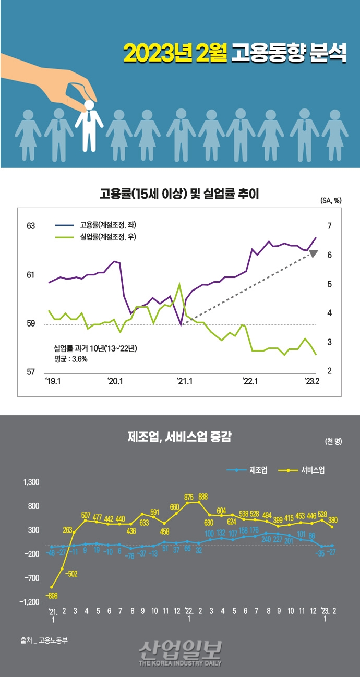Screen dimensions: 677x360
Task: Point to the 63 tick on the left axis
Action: click(x=31, y=226)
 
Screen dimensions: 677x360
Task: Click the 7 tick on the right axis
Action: click(x=329, y=226)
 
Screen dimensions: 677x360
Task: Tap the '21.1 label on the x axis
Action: click(x=184, y=381)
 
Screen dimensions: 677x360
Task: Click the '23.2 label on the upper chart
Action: click(x=312, y=381)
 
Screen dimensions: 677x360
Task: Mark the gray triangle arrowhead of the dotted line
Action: click(x=313, y=254)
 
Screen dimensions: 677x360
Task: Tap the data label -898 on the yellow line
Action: click(x=52, y=595)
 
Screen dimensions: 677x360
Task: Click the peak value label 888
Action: click(x=203, y=496)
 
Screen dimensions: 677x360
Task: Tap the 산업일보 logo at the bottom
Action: click(x=180, y=652)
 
